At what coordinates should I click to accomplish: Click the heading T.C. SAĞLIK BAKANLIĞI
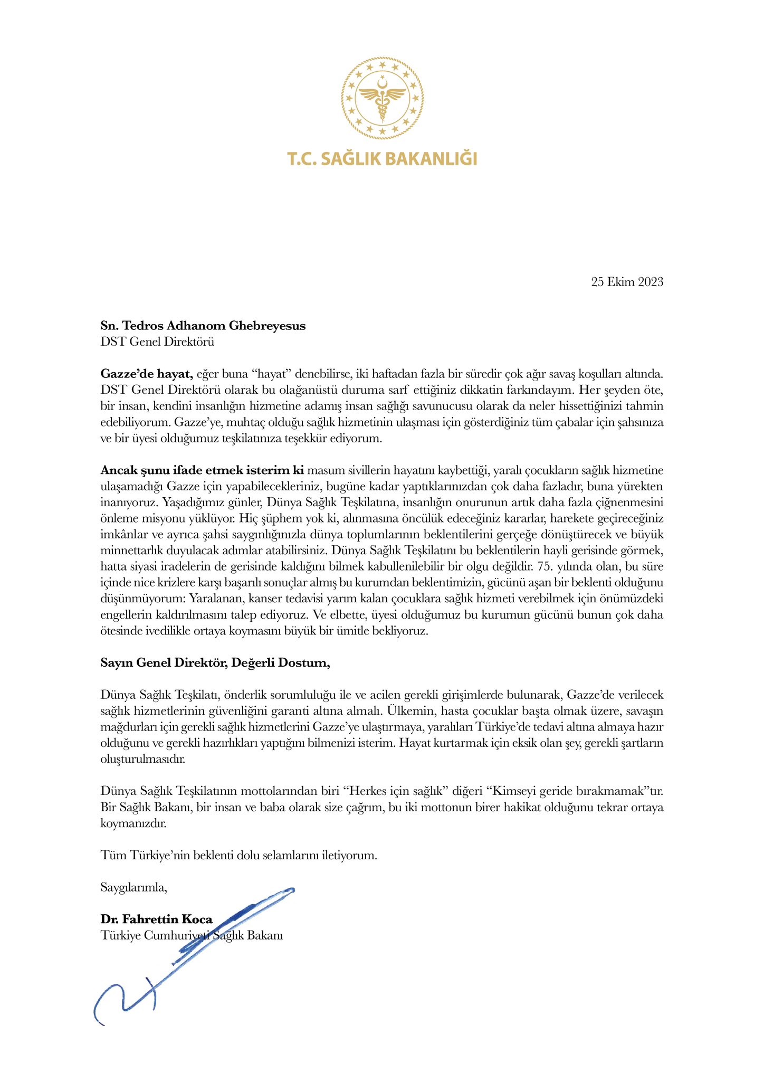[382, 158]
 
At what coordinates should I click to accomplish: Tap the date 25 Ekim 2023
[627, 282]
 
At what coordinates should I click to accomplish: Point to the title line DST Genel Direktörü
[157, 342]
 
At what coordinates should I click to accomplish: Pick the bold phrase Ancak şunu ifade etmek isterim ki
[202, 470]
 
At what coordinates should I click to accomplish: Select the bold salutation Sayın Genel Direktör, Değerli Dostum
[215, 663]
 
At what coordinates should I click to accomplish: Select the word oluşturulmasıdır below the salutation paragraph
[142, 760]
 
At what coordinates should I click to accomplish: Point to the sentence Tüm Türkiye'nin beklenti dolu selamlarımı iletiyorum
[239, 856]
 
